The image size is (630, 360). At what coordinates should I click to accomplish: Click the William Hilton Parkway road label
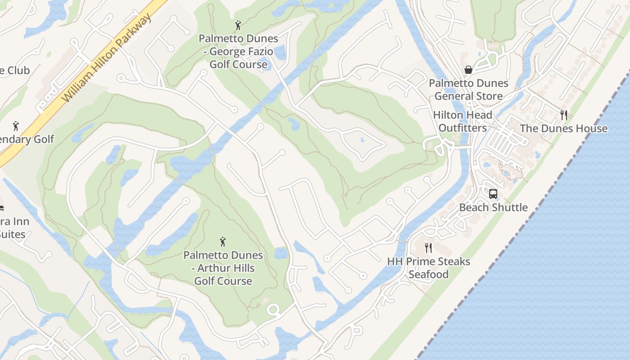click(107, 58)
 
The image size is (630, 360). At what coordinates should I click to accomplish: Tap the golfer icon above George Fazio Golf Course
click(238, 25)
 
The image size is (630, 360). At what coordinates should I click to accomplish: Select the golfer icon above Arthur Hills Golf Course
click(223, 242)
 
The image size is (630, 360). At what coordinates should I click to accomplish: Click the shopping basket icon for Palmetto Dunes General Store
click(468, 70)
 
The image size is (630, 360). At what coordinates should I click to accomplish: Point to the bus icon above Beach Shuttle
click(493, 194)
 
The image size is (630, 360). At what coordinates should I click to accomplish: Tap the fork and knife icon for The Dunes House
click(564, 115)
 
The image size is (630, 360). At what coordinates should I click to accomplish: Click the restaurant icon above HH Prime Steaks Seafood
click(428, 248)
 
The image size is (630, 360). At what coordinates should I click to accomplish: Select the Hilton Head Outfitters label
click(463, 121)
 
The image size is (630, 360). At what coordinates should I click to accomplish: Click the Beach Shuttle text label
click(493, 207)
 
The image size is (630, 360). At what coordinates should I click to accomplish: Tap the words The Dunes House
click(564, 129)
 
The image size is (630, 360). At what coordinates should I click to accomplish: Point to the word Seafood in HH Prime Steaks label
click(428, 274)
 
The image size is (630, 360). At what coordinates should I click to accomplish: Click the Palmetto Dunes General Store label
click(468, 90)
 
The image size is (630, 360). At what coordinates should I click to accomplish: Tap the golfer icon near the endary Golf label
click(16, 126)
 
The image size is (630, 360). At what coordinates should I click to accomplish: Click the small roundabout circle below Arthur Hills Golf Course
click(273, 310)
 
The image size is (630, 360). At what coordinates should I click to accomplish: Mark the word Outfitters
click(463, 128)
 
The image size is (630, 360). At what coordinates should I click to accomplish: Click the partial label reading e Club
click(14, 71)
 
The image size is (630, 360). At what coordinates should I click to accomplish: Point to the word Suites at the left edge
click(12, 234)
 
